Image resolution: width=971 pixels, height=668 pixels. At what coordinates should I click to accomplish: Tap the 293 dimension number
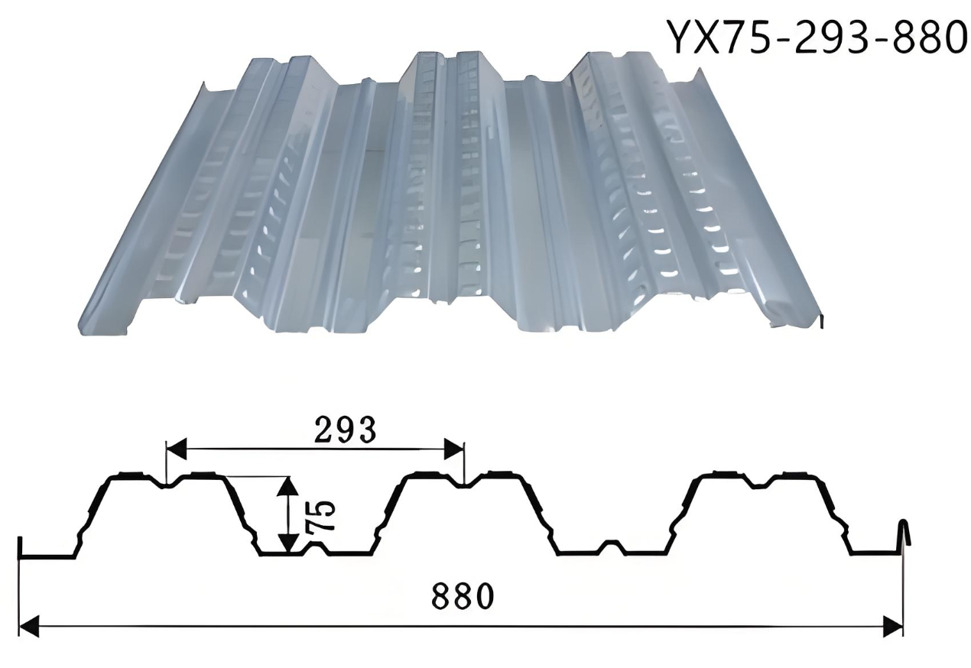click(x=345, y=430)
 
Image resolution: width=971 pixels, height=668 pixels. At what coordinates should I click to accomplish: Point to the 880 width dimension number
click(x=463, y=595)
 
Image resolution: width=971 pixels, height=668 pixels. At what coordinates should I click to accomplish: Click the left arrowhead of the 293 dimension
click(x=177, y=449)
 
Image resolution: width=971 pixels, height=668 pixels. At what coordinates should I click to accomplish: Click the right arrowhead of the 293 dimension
click(x=454, y=449)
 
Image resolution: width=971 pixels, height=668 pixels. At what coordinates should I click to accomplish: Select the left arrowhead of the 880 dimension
click(x=30, y=627)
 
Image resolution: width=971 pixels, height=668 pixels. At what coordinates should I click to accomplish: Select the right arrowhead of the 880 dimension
click(x=893, y=627)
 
